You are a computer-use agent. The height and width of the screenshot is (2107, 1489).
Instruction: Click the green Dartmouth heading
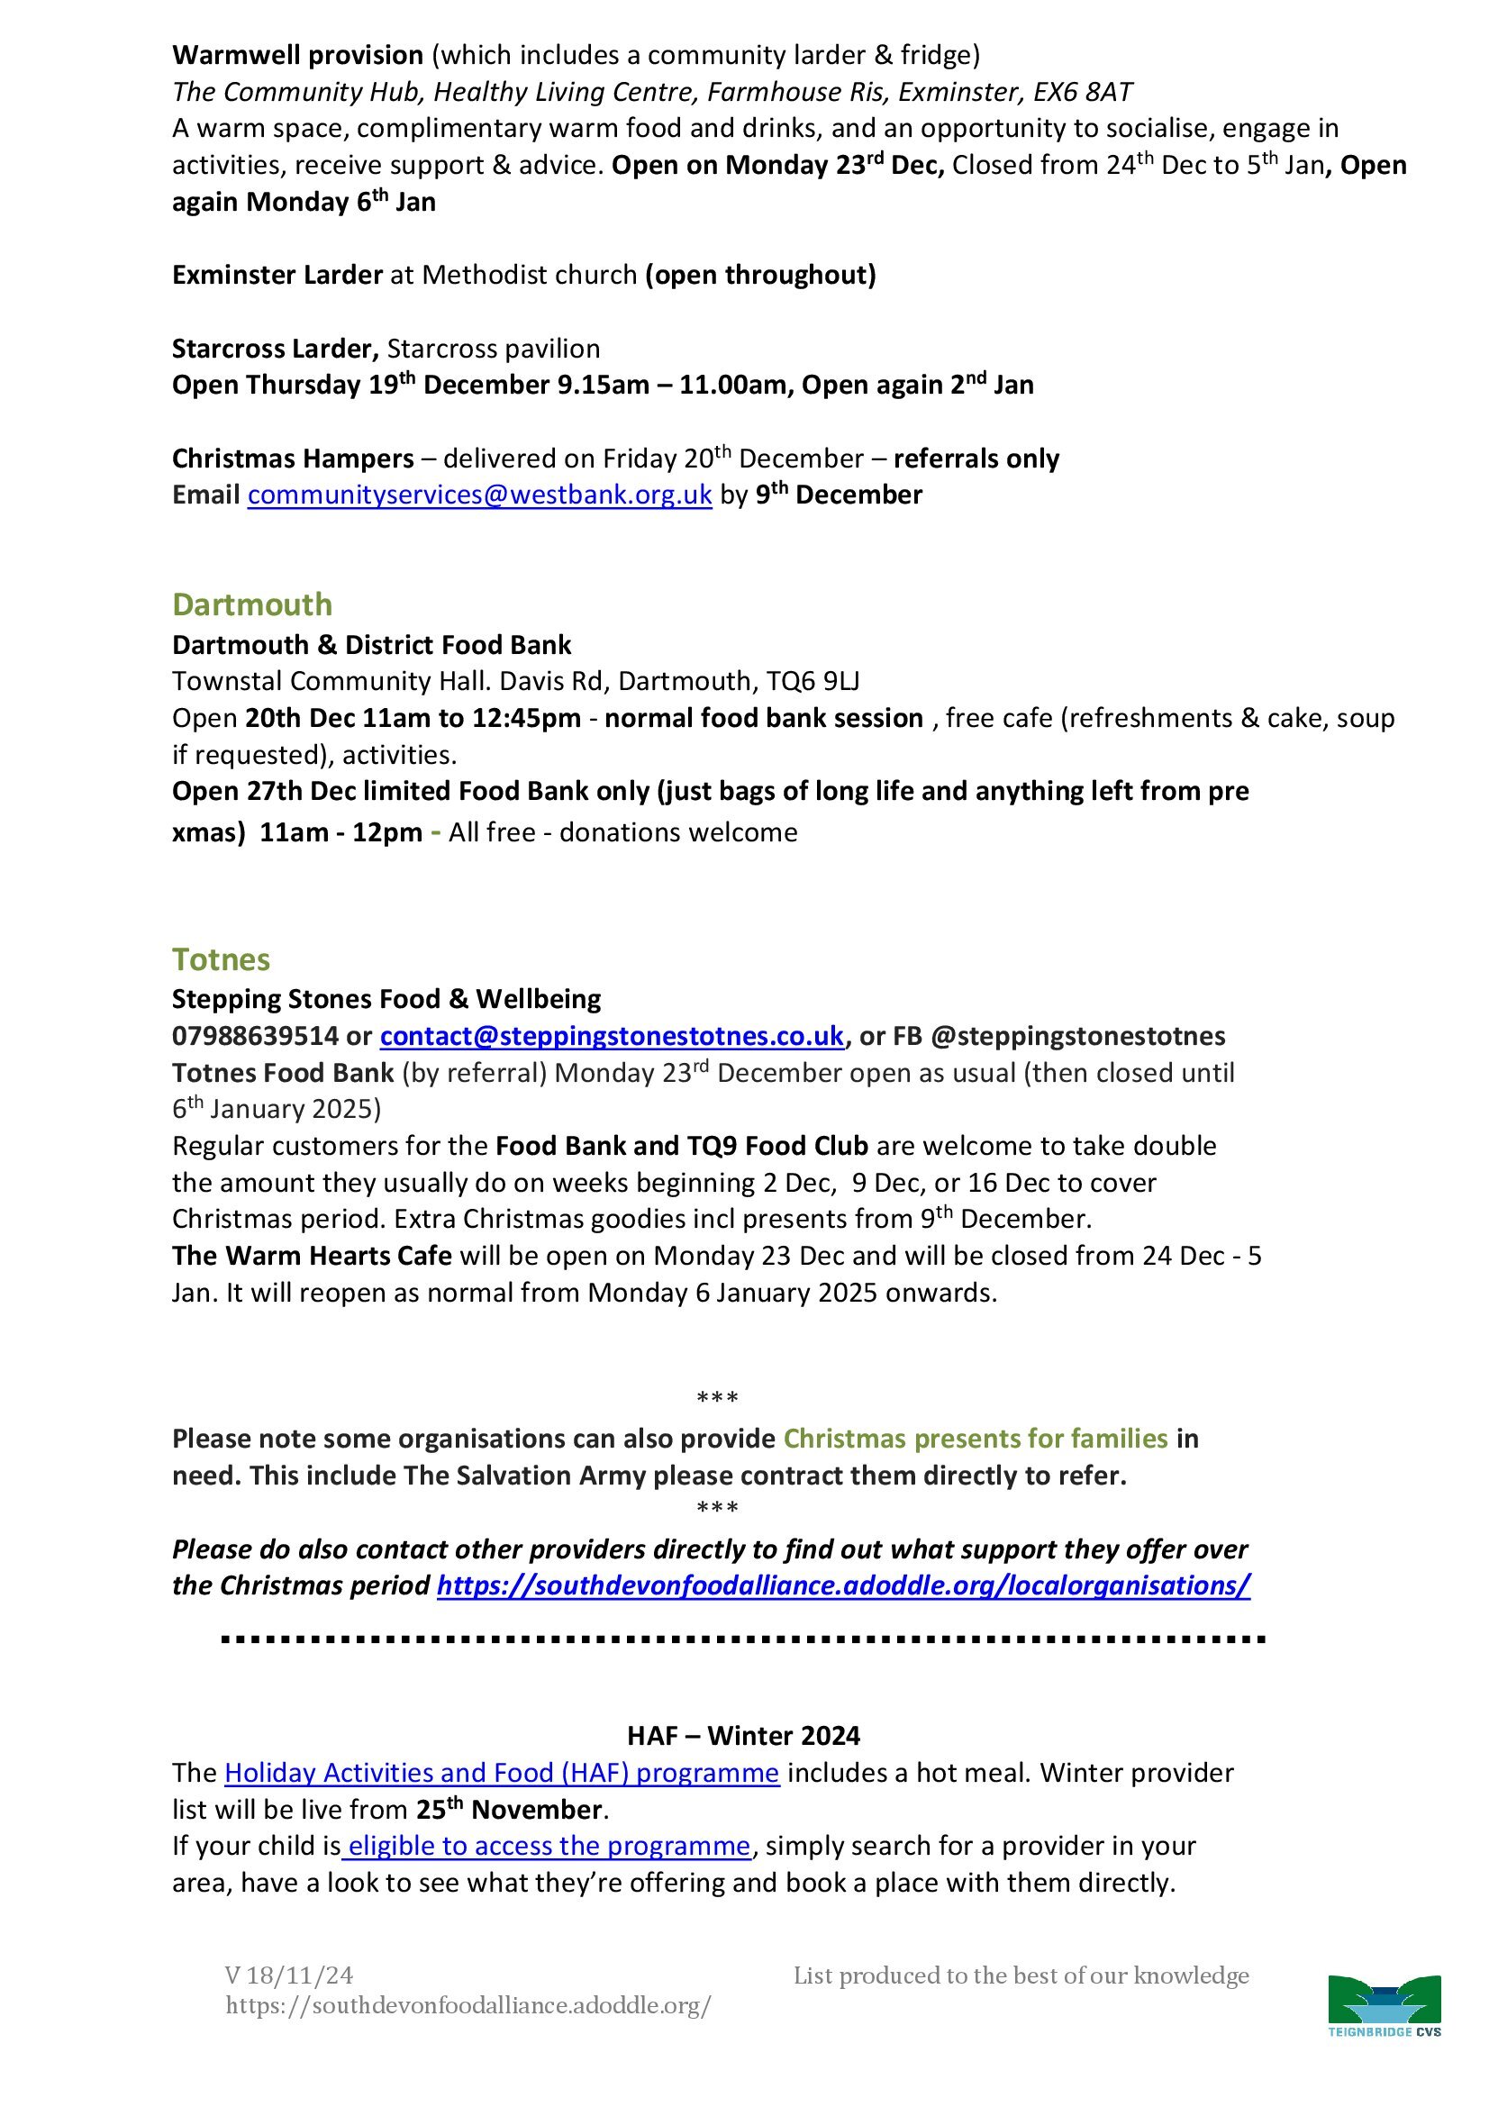(x=251, y=604)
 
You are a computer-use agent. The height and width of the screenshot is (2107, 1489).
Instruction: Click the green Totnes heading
(x=221, y=960)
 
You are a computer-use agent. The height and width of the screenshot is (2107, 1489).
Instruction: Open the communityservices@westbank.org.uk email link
(x=479, y=495)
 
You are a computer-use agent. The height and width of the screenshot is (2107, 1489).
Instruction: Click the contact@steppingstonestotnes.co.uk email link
(x=611, y=1036)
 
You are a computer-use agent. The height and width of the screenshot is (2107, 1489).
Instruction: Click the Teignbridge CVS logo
(x=1385, y=2005)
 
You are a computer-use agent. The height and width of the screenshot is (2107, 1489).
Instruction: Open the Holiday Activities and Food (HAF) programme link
(x=502, y=1773)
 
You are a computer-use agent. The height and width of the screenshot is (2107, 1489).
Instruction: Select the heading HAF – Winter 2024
(x=743, y=1735)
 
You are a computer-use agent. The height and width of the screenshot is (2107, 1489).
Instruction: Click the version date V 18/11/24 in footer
(x=289, y=1975)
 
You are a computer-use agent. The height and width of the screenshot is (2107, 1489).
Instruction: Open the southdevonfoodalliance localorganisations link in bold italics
(x=843, y=1585)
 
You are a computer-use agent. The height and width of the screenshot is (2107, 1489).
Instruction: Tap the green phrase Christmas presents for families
(x=976, y=1438)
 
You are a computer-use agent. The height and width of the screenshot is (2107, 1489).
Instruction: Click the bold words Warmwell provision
(x=297, y=56)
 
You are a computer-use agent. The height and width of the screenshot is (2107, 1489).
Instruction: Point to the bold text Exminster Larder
(x=277, y=276)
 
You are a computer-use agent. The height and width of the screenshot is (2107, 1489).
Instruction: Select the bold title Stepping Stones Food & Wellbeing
(x=386, y=999)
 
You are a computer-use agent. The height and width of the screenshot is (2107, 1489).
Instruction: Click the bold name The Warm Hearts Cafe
(x=312, y=1256)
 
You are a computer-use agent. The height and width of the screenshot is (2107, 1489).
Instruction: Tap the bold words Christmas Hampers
(x=293, y=459)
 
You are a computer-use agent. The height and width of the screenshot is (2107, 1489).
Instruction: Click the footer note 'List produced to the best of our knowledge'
(x=1021, y=1975)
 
